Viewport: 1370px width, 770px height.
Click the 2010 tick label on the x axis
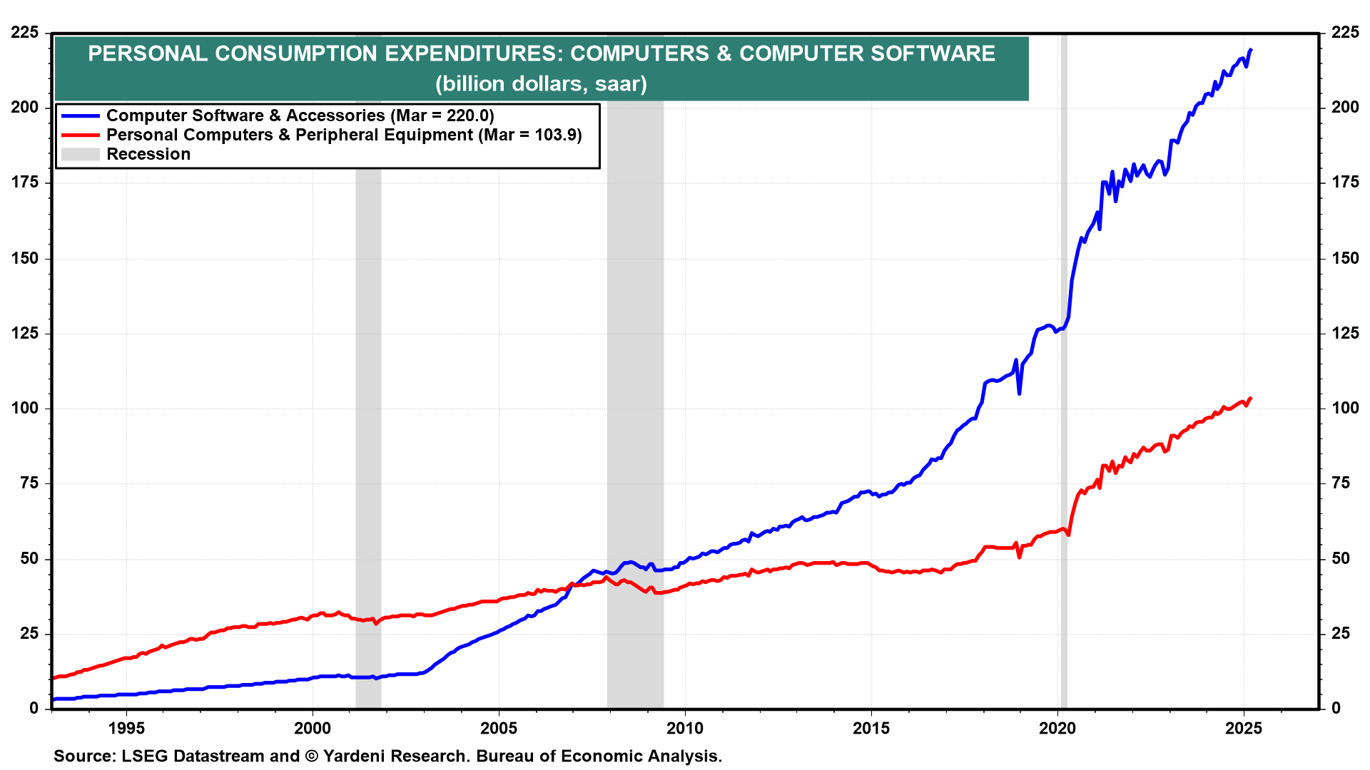[x=684, y=728]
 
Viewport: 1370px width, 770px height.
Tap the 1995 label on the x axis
[x=126, y=728]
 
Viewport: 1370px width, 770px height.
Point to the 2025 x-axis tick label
[x=1244, y=728]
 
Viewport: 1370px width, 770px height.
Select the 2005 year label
[x=498, y=728]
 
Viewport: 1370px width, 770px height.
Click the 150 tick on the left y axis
[x=25, y=258]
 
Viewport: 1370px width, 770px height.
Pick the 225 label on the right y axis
[x=1345, y=32]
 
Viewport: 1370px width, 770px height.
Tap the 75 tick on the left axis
[x=29, y=483]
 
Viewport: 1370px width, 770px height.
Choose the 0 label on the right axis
[x=1336, y=708]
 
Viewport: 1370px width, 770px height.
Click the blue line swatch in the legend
[x=80, y=115]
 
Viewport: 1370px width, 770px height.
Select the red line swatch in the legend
[x=80, y=135]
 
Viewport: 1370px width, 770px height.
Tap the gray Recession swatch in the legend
[x=80, y=154]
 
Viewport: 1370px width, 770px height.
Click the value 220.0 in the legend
[x=467, y=115]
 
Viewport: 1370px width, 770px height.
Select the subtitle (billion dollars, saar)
[x=541, y=83]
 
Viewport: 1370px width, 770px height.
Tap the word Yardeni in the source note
[x=360, y=756]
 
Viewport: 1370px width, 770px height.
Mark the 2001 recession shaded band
[x=368, y=428]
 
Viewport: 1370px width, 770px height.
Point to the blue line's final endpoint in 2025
[x=1251, y=49]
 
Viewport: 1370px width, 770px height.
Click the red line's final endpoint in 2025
[x=1251, y=398]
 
